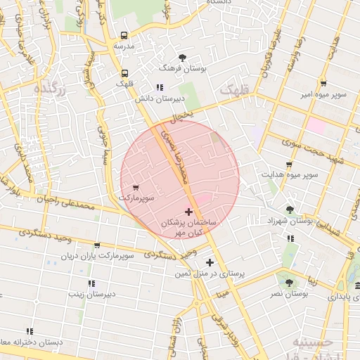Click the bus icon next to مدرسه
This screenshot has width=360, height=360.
click(124, 35)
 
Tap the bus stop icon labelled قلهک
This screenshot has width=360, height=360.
click(124, 73)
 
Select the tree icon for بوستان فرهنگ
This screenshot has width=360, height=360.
click(183, 57)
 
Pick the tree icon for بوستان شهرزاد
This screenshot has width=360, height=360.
click(290, 209)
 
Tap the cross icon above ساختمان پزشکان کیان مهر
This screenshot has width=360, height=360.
click(188, 211)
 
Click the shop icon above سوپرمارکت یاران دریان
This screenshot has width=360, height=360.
click(97, 245)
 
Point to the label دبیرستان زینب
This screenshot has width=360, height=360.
click(96, 294)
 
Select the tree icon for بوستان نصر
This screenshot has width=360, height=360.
click(288, 283)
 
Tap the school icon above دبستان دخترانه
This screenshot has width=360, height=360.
click(30, 330)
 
